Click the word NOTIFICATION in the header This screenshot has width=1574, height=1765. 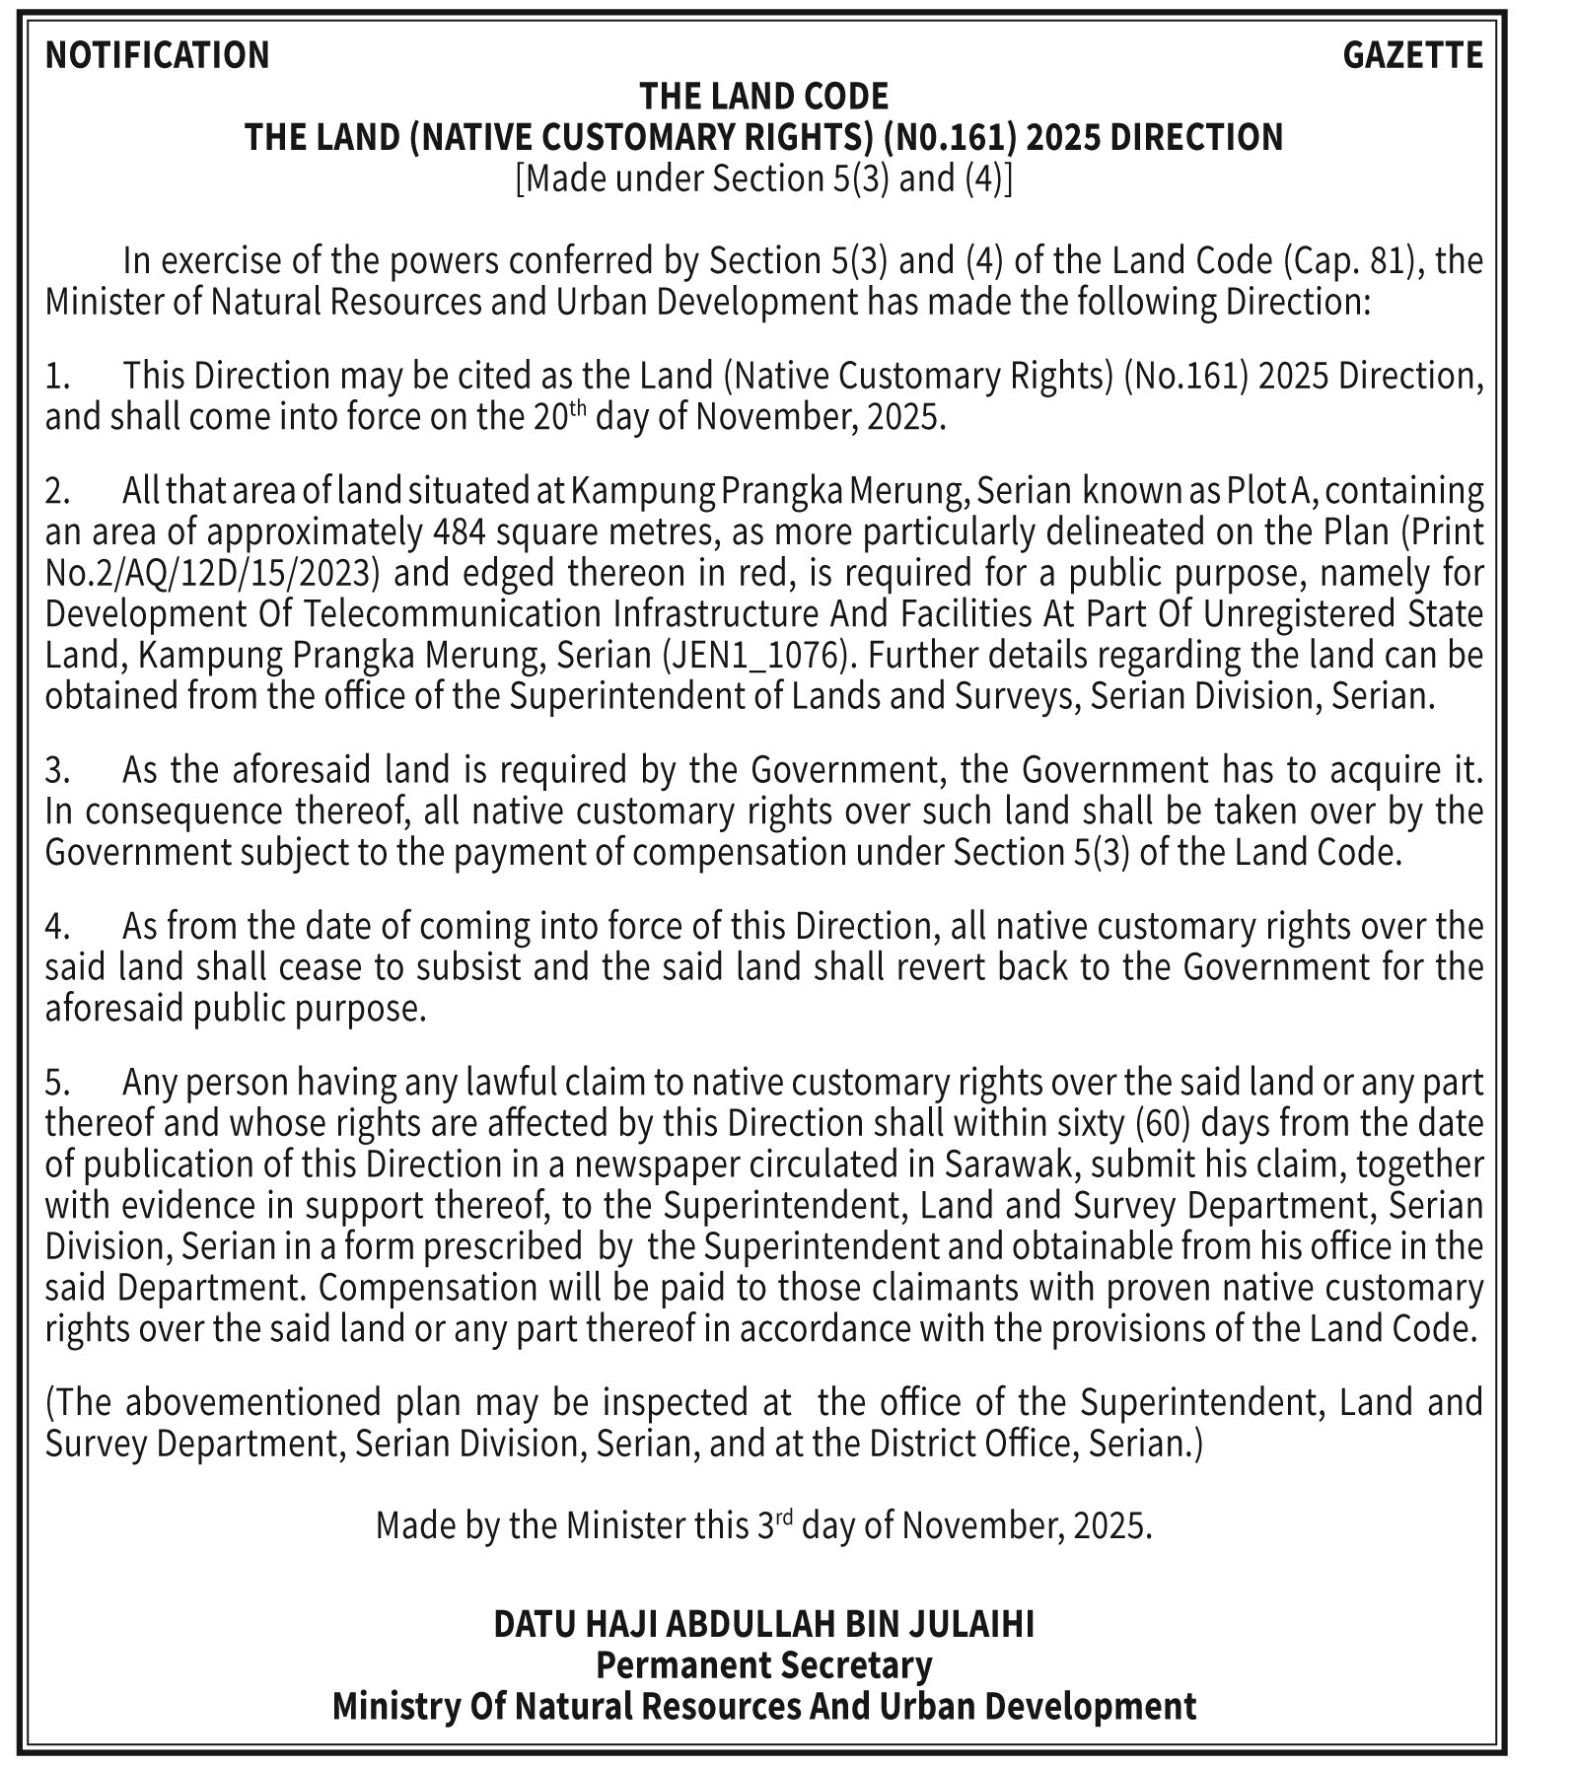[157, 55]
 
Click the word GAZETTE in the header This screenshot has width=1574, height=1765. [1412, 55]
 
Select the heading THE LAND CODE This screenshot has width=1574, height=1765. [764, 97]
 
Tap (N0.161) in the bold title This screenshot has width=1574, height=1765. [949, 137]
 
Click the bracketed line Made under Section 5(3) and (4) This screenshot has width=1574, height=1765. [764, 178]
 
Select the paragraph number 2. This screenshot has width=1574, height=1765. [57, 490]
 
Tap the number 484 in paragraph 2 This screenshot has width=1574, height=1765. [460, 531]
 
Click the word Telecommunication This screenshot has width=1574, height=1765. [458, 614]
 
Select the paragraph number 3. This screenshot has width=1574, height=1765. [57, 769]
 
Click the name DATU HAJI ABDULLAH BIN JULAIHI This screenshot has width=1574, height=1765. [764, 1624]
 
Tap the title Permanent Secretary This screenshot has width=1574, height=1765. [764, 1665]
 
